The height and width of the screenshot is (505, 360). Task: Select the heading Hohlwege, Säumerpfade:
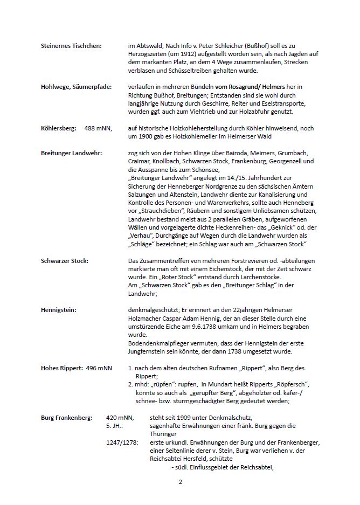tap(75, 87)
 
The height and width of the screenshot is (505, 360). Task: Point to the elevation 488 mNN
tap(98, 128)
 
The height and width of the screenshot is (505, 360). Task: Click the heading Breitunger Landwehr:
tap(71, 153)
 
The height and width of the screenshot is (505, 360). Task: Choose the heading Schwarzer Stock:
tap(65, 261)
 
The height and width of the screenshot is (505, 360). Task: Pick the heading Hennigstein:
tap(58, 310)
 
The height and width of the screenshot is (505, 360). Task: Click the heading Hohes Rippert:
tap(63, 368)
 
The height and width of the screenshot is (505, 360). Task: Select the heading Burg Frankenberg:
tap(66, 418)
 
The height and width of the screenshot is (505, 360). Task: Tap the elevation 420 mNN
tap(120, 418)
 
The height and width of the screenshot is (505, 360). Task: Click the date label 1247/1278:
tap(122, 442)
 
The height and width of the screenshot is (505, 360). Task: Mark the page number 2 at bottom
tap(181, 482)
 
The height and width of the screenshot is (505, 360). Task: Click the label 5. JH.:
tap(114, 426)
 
